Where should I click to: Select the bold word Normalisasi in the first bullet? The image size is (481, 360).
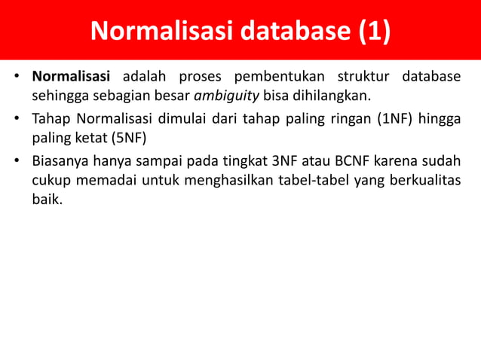point(71,77)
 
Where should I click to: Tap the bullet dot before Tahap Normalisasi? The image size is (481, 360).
point(16,118)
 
